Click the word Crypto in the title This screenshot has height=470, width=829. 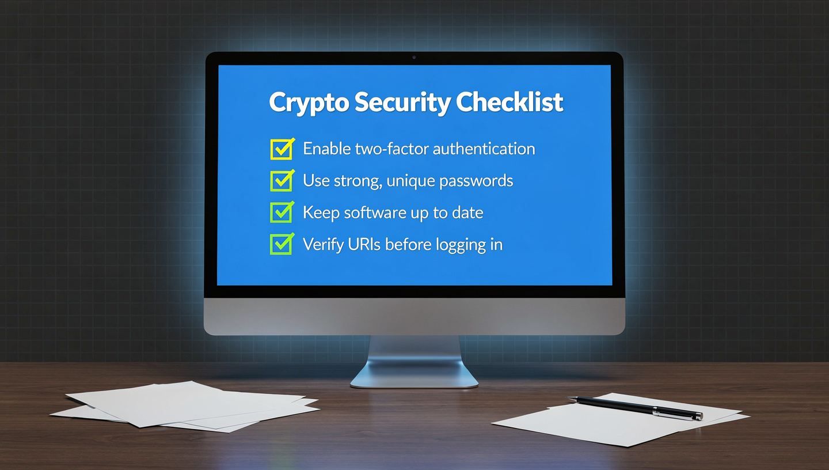pos(309,103)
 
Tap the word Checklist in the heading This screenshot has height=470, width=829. pos(509,102)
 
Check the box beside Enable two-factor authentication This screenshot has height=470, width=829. pos(282,149)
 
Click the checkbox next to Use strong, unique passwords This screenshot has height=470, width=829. pos(282,181)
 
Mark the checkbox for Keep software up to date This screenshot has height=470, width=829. pos(282,213)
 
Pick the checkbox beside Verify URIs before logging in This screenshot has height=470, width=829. pos(282,244)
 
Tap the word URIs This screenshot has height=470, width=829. pos(364,244)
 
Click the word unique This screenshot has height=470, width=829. pos(411,181)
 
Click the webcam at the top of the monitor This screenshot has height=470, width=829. pos(414,58)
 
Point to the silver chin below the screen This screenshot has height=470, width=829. pos(414,316)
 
